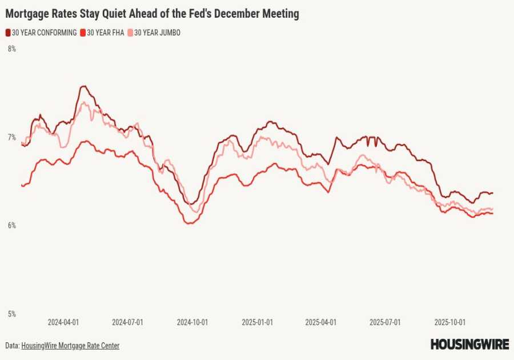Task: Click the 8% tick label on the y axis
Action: pyautogui.click(x=11, y=49)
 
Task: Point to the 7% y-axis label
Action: pyautogui.click(x=11, y=137)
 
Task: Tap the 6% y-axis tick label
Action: pyautogui.click(x=11, y=226)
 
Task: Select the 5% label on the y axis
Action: pyautogui.click(x=11, y=314)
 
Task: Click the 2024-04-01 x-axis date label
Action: pyautogui.click(x=63, y=322)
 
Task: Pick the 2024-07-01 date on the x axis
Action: pyautogui.click(x=127, y=322)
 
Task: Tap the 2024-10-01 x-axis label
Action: pyautogui.click(x=192, y=322)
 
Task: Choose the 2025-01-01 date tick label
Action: pyautogui.click(x=258, y=322)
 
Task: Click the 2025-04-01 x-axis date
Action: pyautogui.click(x=321, y=322)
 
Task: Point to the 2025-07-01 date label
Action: pyautogui.click(x=385, y=322)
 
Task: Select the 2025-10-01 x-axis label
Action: pyautogui.click(x=450, y=322)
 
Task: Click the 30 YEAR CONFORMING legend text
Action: pyautogui.click(x=44, y=33)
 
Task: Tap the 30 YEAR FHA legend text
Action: pyautogui.click(x=105, y=33)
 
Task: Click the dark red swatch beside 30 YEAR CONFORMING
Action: pyautogui.click(x=8, y=33)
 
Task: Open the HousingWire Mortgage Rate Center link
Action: pyautogui.click(x=70, y=346)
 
